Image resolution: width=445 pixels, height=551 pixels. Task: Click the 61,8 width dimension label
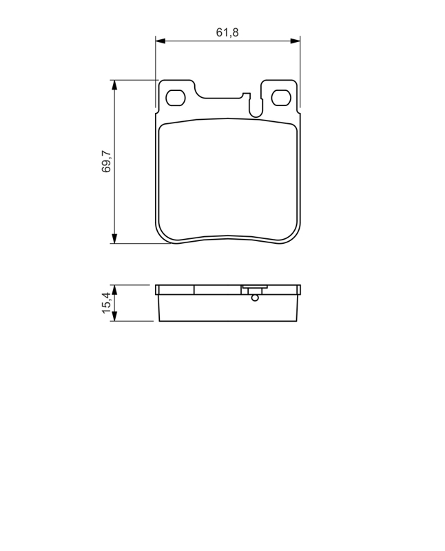(x=227, y=32)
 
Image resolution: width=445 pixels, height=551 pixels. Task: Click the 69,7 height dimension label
(x=106, y=161)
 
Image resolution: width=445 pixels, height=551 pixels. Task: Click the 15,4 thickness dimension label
(x=106, y=302)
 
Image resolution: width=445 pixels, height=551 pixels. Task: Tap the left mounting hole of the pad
(x=176, y=98)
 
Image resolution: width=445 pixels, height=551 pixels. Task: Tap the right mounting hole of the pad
(x=281, y=98)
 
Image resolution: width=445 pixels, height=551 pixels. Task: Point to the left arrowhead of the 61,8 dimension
(x=161, y=41)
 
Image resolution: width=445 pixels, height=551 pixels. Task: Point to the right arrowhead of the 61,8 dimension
(x=296, y=41)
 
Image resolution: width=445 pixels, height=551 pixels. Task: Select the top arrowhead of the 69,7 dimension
(x=114, y=85)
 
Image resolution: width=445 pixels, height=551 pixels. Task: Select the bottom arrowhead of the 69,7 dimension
(x=114, y=238)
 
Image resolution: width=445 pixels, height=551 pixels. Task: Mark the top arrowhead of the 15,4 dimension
(x=114, y=289)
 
